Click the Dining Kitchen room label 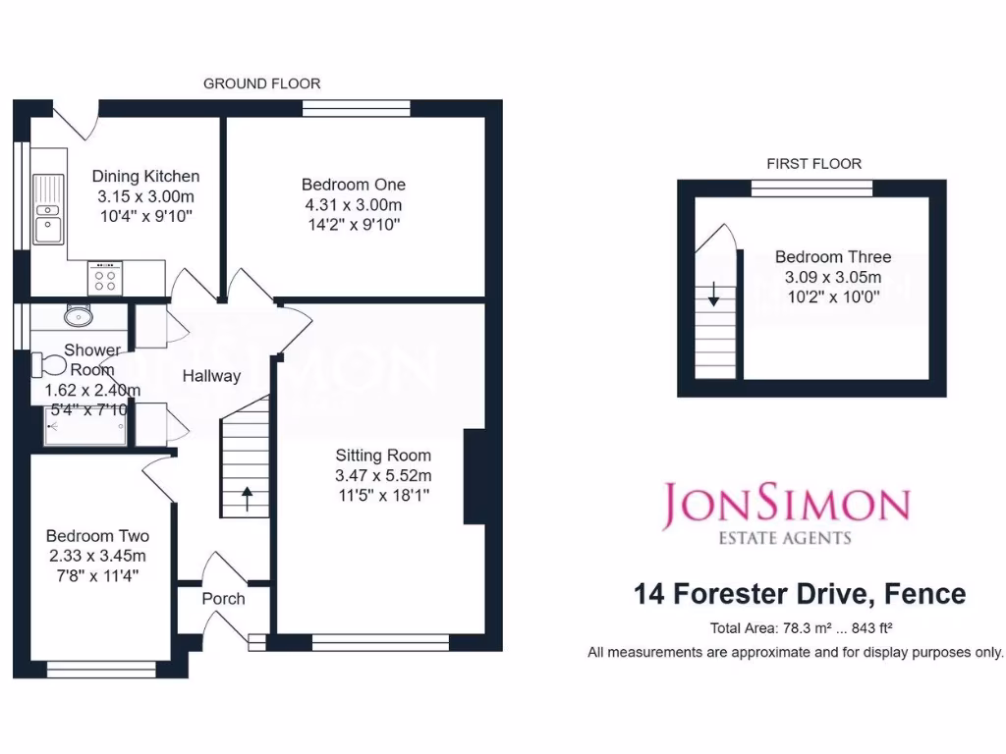[145, 177]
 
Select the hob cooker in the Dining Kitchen [105, 279]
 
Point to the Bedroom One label [353, 185]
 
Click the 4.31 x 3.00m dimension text [353, 205]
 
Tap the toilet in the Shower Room [48, 365]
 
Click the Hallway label [211, 375]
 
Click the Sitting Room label [383, 456]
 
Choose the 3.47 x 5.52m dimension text [383, 476]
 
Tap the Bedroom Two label [97, 536]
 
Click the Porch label [223, 599]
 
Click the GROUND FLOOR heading [261, 83]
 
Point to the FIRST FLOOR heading [813, 164]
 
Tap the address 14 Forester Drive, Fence [800, 594]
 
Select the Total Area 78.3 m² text [800, 629]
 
